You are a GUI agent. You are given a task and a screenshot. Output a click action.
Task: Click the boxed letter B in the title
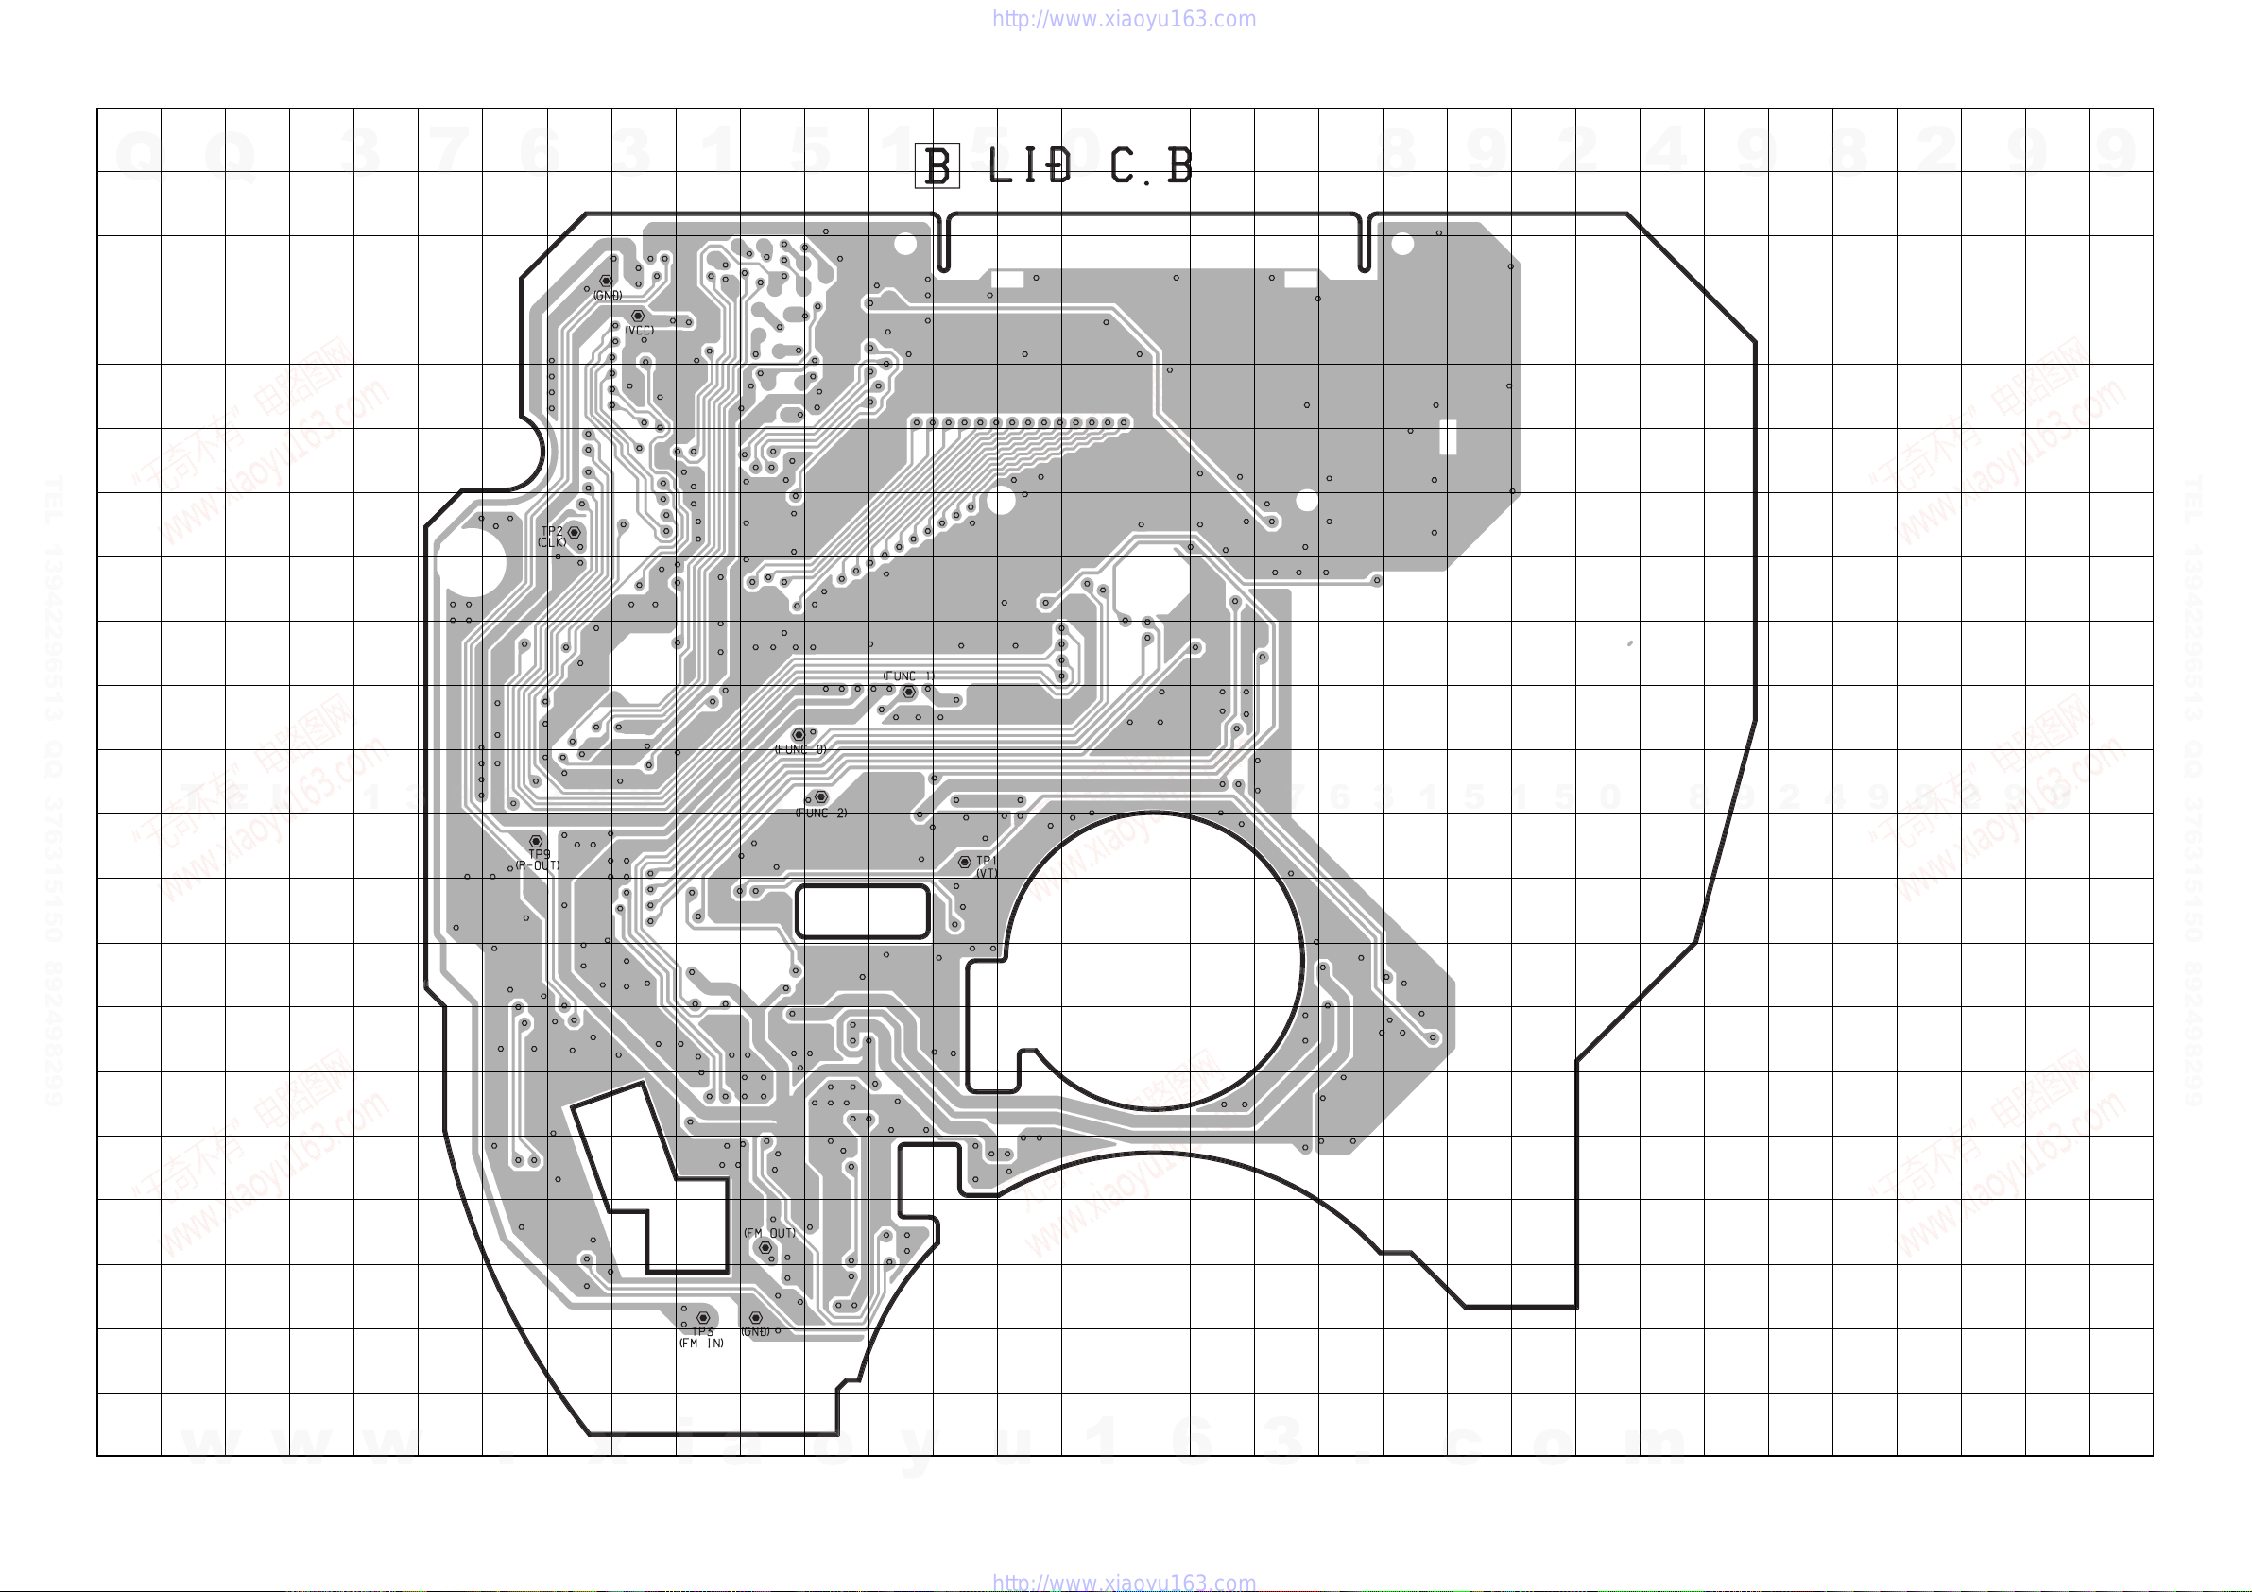pyautogui.click(x=937, y=165)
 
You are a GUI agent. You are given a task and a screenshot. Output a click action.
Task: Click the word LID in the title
pyautogui.click(x=1030, y=165)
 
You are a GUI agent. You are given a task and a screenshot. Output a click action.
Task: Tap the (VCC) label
pyautogui.click(x=640, y=331)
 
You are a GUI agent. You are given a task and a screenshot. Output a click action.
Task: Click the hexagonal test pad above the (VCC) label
pyautogui.click(x=638, y=316)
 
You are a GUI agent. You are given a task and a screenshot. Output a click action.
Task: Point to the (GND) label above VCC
pyautogui.click(x=607, y=295)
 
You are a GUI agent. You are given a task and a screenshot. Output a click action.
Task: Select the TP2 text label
pyautogui.click(x=553, y=532)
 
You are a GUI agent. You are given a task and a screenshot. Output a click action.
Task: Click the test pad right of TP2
pyautogui.click(x=575, y=533)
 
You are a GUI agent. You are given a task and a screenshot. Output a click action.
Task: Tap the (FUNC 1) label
pyautogui.click(x=908, y=676)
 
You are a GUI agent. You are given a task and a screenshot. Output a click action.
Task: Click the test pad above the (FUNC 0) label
pyautogui.click(x=799, y=735)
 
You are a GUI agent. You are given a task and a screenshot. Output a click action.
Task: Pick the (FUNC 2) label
pyautogui.click(x=821, y=813)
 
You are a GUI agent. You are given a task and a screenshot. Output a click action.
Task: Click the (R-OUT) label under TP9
pyautogui.click(x=538, y=866)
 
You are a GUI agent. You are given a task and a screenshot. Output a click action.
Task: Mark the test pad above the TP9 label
pyautogui.click(x=536, y=842)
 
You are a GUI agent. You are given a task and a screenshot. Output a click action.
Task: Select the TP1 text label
pyautogui.click(x=987, y=862)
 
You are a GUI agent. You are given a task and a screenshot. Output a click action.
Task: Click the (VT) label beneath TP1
pyautogui.click(x=987, y=873)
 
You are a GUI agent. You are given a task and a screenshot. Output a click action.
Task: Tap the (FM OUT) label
pyautogui.click(x=769, y=1233)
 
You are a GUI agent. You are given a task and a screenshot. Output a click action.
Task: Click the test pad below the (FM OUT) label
pyautogui.click(x=765, y=1248)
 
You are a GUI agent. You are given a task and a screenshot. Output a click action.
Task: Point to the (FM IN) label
pyautogui.click(x=701, y=1344)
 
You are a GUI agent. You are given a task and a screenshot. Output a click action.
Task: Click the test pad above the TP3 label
pyautogui.click(x=702, y=1317)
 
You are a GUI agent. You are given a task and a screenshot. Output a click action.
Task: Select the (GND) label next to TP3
pyautogui.click(x=755, y=1332)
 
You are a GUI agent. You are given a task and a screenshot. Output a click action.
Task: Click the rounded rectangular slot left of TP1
pyautogui.click(x=862, y=913)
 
